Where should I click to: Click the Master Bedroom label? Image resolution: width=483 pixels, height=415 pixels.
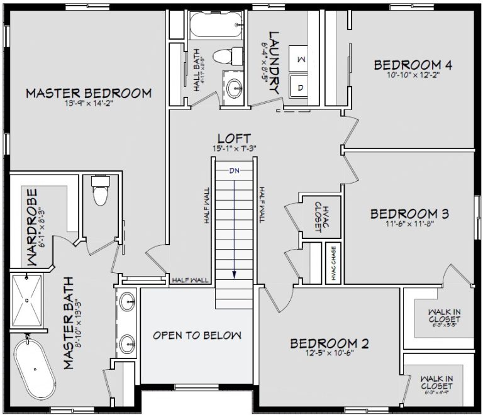click(x=89, y=94)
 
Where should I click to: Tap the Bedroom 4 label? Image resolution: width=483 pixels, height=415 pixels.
click(x=413, y=65)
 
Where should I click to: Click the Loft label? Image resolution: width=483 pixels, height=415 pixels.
click(x=235, y=138)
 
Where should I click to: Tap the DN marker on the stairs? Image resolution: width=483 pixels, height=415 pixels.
click(x=235, y=170)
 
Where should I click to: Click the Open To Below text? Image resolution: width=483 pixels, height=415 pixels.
click(x=197, y=335)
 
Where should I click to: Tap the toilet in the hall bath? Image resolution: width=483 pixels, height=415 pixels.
click(x=225, y=55)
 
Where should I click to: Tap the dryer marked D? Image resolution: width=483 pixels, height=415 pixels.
click(x=300, y=87)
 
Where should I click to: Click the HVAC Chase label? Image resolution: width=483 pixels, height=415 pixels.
click(x=333, y=263)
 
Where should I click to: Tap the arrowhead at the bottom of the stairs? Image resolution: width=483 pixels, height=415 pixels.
click(x=235, y=275)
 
